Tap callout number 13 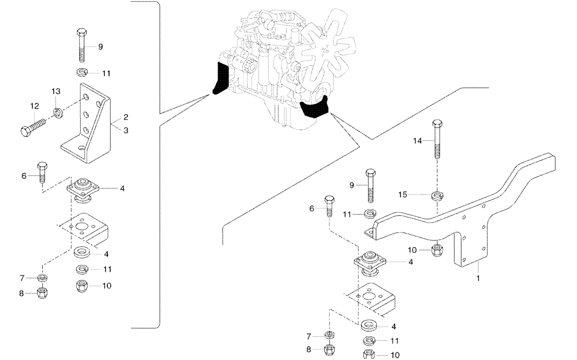pos(56,91)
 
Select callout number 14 pos(418,140)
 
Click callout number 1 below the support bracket pos(478,277)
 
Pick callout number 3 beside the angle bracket pos(126,130)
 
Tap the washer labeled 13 pos(58,110)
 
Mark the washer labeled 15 pos(438,195)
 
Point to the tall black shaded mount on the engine pos(220,78)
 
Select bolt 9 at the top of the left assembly pos(81,46)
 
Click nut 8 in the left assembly pos(42,293)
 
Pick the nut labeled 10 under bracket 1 pos(438,251)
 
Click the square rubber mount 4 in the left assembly pos(83,188)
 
